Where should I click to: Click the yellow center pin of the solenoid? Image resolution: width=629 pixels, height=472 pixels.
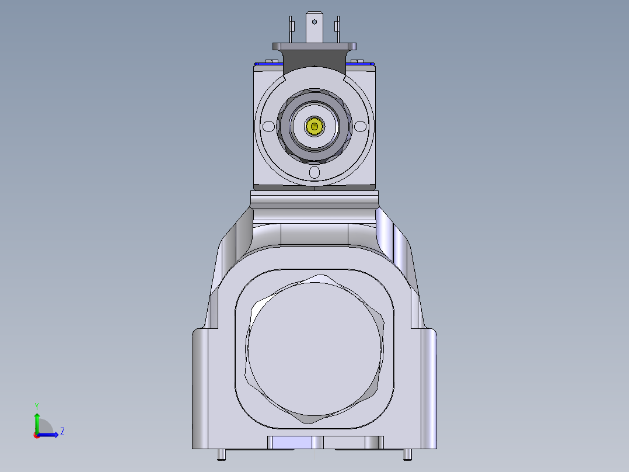[x=315, y=126]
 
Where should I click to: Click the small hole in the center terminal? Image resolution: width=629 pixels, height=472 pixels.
[x=315, y=22]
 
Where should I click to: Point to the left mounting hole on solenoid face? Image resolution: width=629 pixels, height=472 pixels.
[x=269, y=126]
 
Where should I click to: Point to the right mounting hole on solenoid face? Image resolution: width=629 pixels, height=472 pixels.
[x=361, y=126]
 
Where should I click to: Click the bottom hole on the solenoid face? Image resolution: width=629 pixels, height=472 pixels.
[x=315, y=172]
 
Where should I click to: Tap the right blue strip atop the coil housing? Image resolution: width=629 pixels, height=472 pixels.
[x=359, y=63]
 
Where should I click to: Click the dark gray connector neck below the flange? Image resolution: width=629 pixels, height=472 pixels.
[x=315, y=57]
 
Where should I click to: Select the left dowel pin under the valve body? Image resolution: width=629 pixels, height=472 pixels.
[x=222, y=454]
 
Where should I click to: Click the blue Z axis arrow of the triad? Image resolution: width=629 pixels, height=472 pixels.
[x=50, y=435]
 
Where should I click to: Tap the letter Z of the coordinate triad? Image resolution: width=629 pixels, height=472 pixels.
[x=62, y=432]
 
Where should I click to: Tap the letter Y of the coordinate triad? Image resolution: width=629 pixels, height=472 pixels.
[x=37, y=405]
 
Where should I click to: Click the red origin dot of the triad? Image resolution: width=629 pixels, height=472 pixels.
[x=36, y=435]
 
